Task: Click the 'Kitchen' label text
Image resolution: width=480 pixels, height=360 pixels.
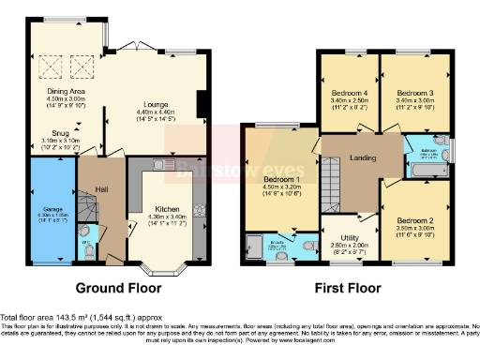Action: click(x=167, y=208)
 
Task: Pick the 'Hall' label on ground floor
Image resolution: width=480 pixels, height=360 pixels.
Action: click(x=101, y=190)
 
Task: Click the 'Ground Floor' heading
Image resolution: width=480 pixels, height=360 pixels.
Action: click(x=118, y=288)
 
